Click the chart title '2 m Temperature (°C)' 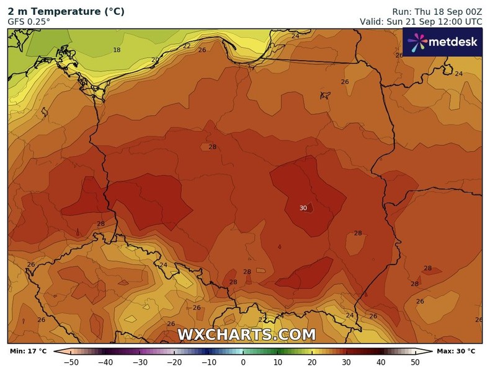click(66, 11)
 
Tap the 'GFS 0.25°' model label click(29, 22)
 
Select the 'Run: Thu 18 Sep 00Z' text click(437, 11)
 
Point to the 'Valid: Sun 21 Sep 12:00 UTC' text click(421, 22)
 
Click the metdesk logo click(442, 42)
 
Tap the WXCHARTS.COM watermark click(247, 335)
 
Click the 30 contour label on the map click(303, 208)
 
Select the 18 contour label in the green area click(117, 50)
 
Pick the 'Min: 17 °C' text click(28, 351)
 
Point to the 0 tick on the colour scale click(243, 362)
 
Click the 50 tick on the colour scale click(415, 362)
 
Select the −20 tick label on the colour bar click(174, 362)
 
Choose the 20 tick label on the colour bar click(312, 362)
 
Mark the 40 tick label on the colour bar click(381, 362)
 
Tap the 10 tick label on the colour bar click(277, 362)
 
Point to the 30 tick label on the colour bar click(346, 362)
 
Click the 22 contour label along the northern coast click(187, 46)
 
